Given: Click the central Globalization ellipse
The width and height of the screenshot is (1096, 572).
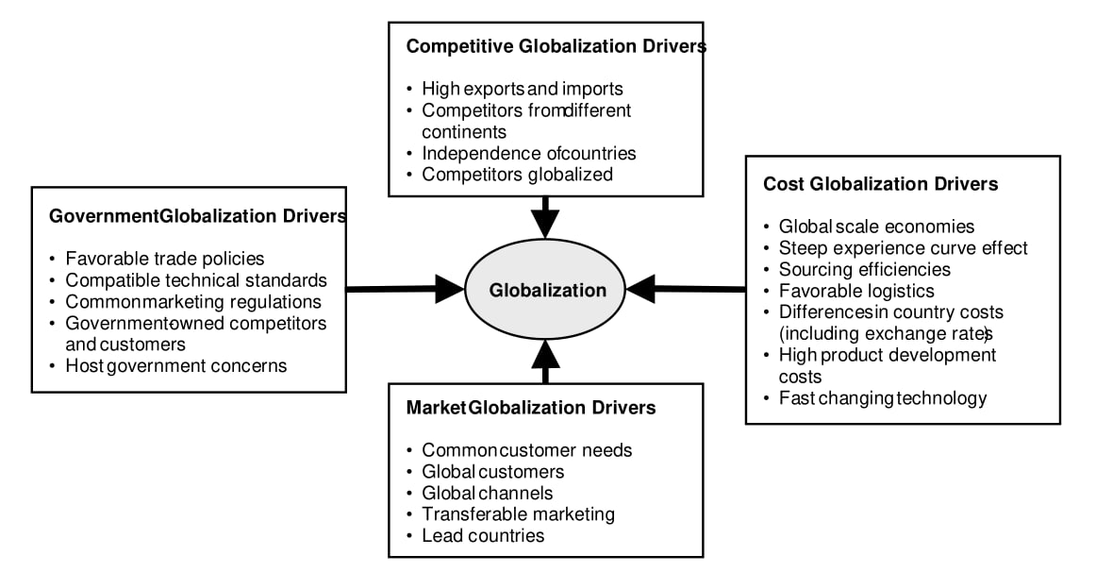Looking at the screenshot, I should [x=546, y=290].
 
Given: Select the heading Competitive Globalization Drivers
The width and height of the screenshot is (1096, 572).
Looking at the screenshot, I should [x=556, y=46].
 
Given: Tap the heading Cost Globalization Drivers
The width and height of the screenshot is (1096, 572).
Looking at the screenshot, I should [x=880, y=184].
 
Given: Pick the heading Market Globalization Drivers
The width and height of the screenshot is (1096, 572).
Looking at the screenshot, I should [x=531, y=408].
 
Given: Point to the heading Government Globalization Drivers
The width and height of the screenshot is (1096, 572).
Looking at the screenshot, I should [x=197, y=216].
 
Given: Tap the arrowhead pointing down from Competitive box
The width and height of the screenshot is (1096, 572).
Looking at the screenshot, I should [x=545, y=222].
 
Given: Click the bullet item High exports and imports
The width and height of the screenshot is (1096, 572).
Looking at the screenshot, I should [x=523, y=89].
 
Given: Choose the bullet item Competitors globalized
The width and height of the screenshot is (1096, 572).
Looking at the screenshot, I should [x=517, y=174].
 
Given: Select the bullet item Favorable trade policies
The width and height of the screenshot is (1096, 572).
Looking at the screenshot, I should [x=164, y=258].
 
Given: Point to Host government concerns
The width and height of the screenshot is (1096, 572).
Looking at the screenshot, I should [x=175, y=365].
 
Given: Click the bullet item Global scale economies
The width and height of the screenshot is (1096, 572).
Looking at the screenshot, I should [x=876, y=227].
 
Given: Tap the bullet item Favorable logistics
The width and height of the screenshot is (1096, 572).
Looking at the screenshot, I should [x=856, y=291].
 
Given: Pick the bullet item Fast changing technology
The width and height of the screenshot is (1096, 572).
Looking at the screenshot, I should [x=882, y=397].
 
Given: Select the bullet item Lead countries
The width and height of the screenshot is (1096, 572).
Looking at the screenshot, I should [x=483, y=535].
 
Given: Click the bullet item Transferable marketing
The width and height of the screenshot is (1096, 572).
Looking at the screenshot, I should [x=518, y=514].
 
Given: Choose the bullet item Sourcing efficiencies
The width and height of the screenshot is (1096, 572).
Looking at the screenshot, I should [x=864, y=269].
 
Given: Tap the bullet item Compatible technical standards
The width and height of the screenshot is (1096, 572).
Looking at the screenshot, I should [x=196, y=280].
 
